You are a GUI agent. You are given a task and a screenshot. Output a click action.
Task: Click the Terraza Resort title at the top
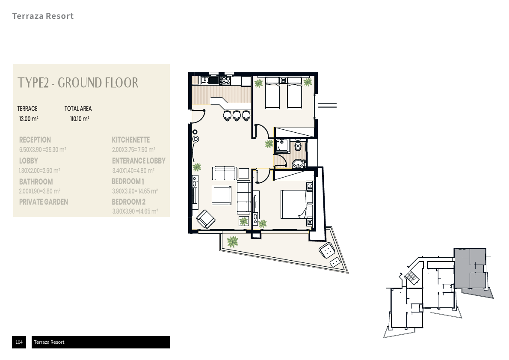click(x=43, y=16)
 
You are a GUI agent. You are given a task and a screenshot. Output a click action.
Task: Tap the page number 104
click(x=19, y=342)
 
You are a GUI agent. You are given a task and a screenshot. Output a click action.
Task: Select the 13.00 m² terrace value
click(x=29, y=119)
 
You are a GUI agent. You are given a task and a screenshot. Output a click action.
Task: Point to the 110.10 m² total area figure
click(x=80, y=119)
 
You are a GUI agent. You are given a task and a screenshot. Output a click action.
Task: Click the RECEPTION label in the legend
click(x=35, y=140)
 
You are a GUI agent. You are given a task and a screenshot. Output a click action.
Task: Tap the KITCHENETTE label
click(x=131, y=140)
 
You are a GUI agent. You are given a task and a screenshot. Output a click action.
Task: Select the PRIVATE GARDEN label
click(x=44, y=202)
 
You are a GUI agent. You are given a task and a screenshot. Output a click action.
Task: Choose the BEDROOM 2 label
click(x=129, y=202)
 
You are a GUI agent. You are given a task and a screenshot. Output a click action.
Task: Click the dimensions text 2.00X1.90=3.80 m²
click(x=40, y=191)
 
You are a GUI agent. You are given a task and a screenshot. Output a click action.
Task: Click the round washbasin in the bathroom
click(x=299, y=164)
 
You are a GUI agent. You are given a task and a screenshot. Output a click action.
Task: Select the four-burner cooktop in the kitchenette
click(x=225, y=80)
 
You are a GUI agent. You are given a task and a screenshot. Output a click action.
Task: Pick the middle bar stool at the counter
click(x=237, y=115)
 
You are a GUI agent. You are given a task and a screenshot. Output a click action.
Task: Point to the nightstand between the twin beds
click(x=284, y=80)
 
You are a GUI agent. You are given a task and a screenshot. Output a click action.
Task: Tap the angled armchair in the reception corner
click(x=206, y=219)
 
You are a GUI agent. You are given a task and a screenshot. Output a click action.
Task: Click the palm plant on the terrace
click(x=232, y=242)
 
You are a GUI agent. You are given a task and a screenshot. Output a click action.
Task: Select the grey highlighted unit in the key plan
click(x=470, y=268)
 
